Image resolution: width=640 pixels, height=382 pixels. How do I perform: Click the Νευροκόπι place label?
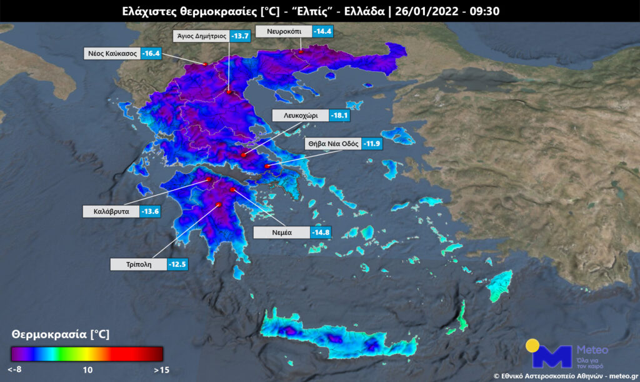(285, 31)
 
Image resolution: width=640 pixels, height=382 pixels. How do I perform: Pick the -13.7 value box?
(241, 36)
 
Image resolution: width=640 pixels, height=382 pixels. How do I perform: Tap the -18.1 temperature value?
(341, 116)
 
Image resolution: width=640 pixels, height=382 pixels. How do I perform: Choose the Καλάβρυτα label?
(112, 211)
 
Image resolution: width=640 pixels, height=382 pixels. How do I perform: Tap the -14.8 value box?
(321, 233)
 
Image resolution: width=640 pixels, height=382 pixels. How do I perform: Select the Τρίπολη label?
(138, 264)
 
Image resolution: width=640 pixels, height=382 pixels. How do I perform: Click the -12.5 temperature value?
(177, 264)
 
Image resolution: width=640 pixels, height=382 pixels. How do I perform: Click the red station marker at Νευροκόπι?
(301, 52)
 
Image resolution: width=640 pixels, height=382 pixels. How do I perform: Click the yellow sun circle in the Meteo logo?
(532, 346)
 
